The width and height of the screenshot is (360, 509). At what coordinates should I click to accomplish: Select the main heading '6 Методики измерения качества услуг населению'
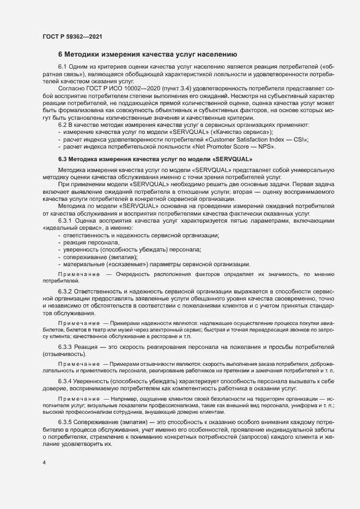147,54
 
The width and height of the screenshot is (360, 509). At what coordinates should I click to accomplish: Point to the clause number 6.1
63,66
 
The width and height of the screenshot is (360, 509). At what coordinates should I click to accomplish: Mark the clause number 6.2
63,125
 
